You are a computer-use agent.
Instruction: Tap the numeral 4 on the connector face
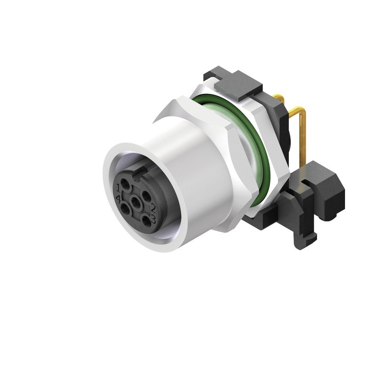point(119,199)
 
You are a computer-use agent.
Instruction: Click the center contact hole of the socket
point(136,201)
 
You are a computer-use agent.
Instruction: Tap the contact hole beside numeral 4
point(125,208)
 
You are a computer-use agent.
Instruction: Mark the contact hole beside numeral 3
point(145,220)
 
